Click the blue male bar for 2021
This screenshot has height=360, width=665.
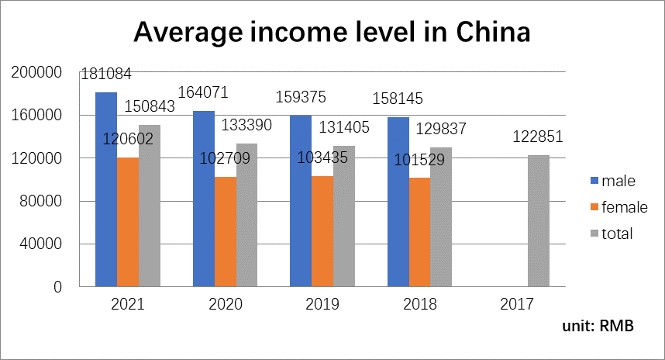pos(106,190)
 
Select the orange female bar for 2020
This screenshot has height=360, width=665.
pos(226,232)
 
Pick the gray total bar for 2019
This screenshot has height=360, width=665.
pos(345,216)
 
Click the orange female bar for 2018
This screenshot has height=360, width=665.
pos(419,233)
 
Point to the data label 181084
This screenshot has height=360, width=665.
pos(107,75)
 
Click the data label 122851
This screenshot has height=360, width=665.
pos(538,137)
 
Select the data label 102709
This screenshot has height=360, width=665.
pos(225,158)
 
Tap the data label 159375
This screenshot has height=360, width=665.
pos(301,99)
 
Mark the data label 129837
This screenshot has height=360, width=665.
pos(441,128)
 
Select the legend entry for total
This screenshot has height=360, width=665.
pos(612,234)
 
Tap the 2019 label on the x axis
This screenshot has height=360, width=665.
pos(323,305)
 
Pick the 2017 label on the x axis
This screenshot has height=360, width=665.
pos(519,305)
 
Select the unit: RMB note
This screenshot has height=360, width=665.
pos(598,326)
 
